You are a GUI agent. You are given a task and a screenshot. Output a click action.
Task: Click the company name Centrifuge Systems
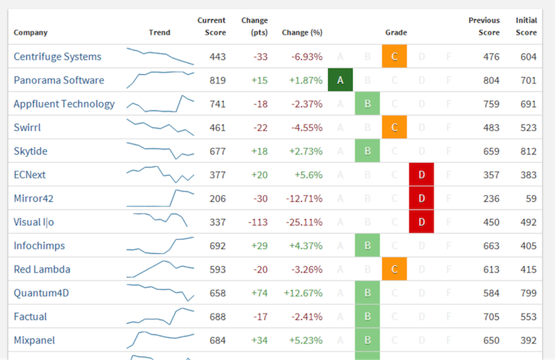coord(58,57)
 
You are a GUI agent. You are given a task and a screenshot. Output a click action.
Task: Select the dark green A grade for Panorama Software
coord(340,80)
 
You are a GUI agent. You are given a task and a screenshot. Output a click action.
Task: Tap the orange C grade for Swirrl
coord(394,128)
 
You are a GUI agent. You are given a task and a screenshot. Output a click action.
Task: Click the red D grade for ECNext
coord(421,175)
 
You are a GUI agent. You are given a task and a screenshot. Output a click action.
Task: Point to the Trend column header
coord(159,33)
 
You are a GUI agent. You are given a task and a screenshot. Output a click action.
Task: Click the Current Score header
coord(212,26)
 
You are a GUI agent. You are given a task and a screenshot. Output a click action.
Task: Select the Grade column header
coord(396,33)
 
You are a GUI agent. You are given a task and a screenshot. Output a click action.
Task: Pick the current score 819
coord(217,80)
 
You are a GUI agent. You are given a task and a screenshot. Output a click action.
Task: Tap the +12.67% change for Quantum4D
coord(303,293)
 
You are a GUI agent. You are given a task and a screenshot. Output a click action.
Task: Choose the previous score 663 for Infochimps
coord(490,246)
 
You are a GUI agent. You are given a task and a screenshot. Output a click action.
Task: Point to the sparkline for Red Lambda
coord(160,268)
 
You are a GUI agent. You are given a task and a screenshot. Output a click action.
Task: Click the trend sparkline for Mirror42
coord(160,198)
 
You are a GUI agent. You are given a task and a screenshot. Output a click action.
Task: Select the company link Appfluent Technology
coord(65,104)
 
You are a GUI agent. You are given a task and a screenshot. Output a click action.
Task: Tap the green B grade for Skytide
coord(367,151)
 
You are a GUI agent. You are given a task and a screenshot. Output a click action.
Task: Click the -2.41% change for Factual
coord(306,316)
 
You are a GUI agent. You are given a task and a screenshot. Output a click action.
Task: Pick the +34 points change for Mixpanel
coord(259,340)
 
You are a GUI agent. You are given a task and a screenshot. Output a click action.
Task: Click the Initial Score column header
coord(526,26)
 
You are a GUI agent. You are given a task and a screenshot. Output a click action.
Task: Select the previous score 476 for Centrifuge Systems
coord(490,57)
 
